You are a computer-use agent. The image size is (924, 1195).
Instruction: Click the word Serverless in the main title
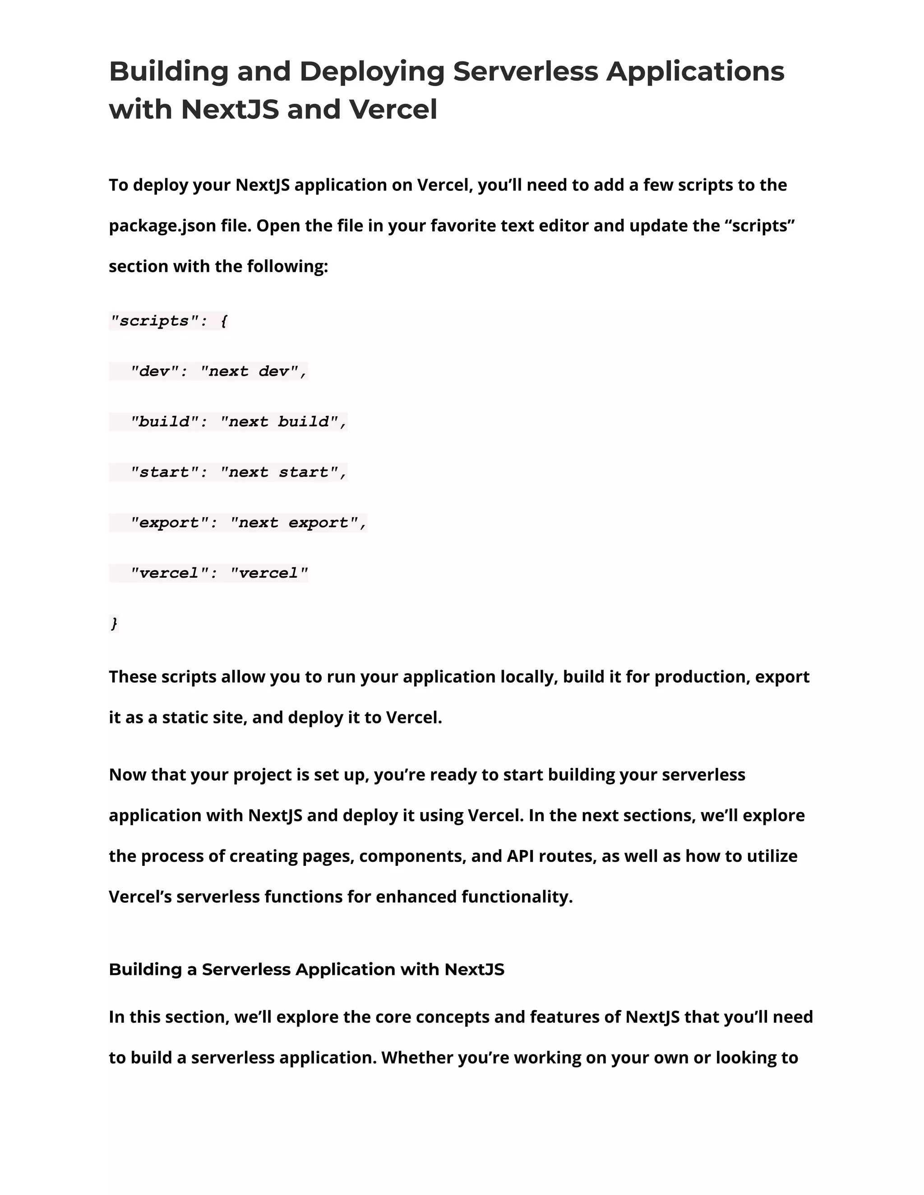pyautogui.click(x=526, y=72)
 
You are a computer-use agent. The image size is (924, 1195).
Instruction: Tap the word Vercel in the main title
pyautogui.click(x=393, y=110)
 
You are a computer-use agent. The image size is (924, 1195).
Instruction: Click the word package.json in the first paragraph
pyautogui.click(x=162, y=226)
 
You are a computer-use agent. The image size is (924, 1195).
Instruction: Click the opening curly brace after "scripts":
pyautogui.click(x=223, y=321)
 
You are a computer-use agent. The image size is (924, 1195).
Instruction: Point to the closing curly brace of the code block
pyautogui.click(x=114, y=623)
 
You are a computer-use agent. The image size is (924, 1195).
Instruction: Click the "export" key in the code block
pyautogui.click(x=169, y=523)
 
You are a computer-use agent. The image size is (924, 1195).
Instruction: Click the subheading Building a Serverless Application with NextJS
pyautogui.click(x=306, y=969)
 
